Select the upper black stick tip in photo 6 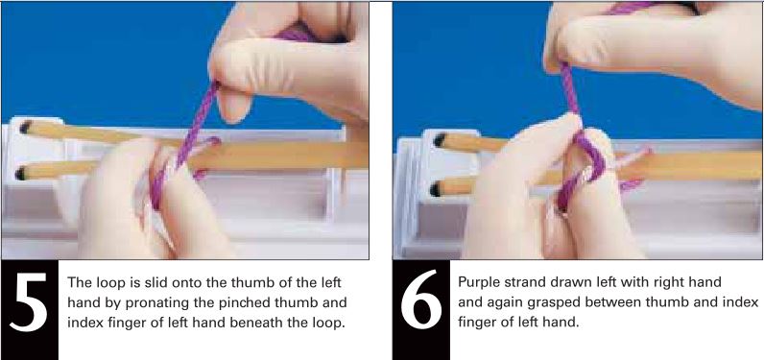point(439,140)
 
